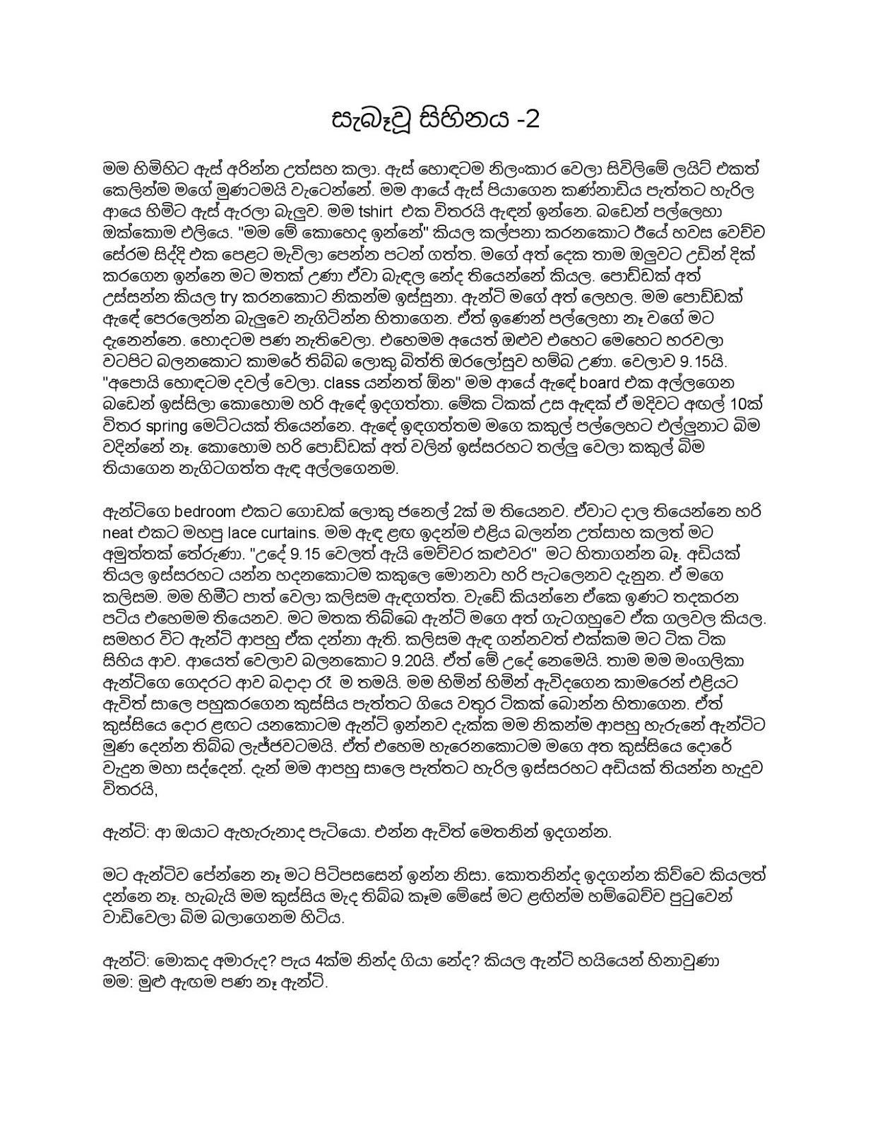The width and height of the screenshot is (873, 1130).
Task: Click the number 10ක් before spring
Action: tap(742, 405)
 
